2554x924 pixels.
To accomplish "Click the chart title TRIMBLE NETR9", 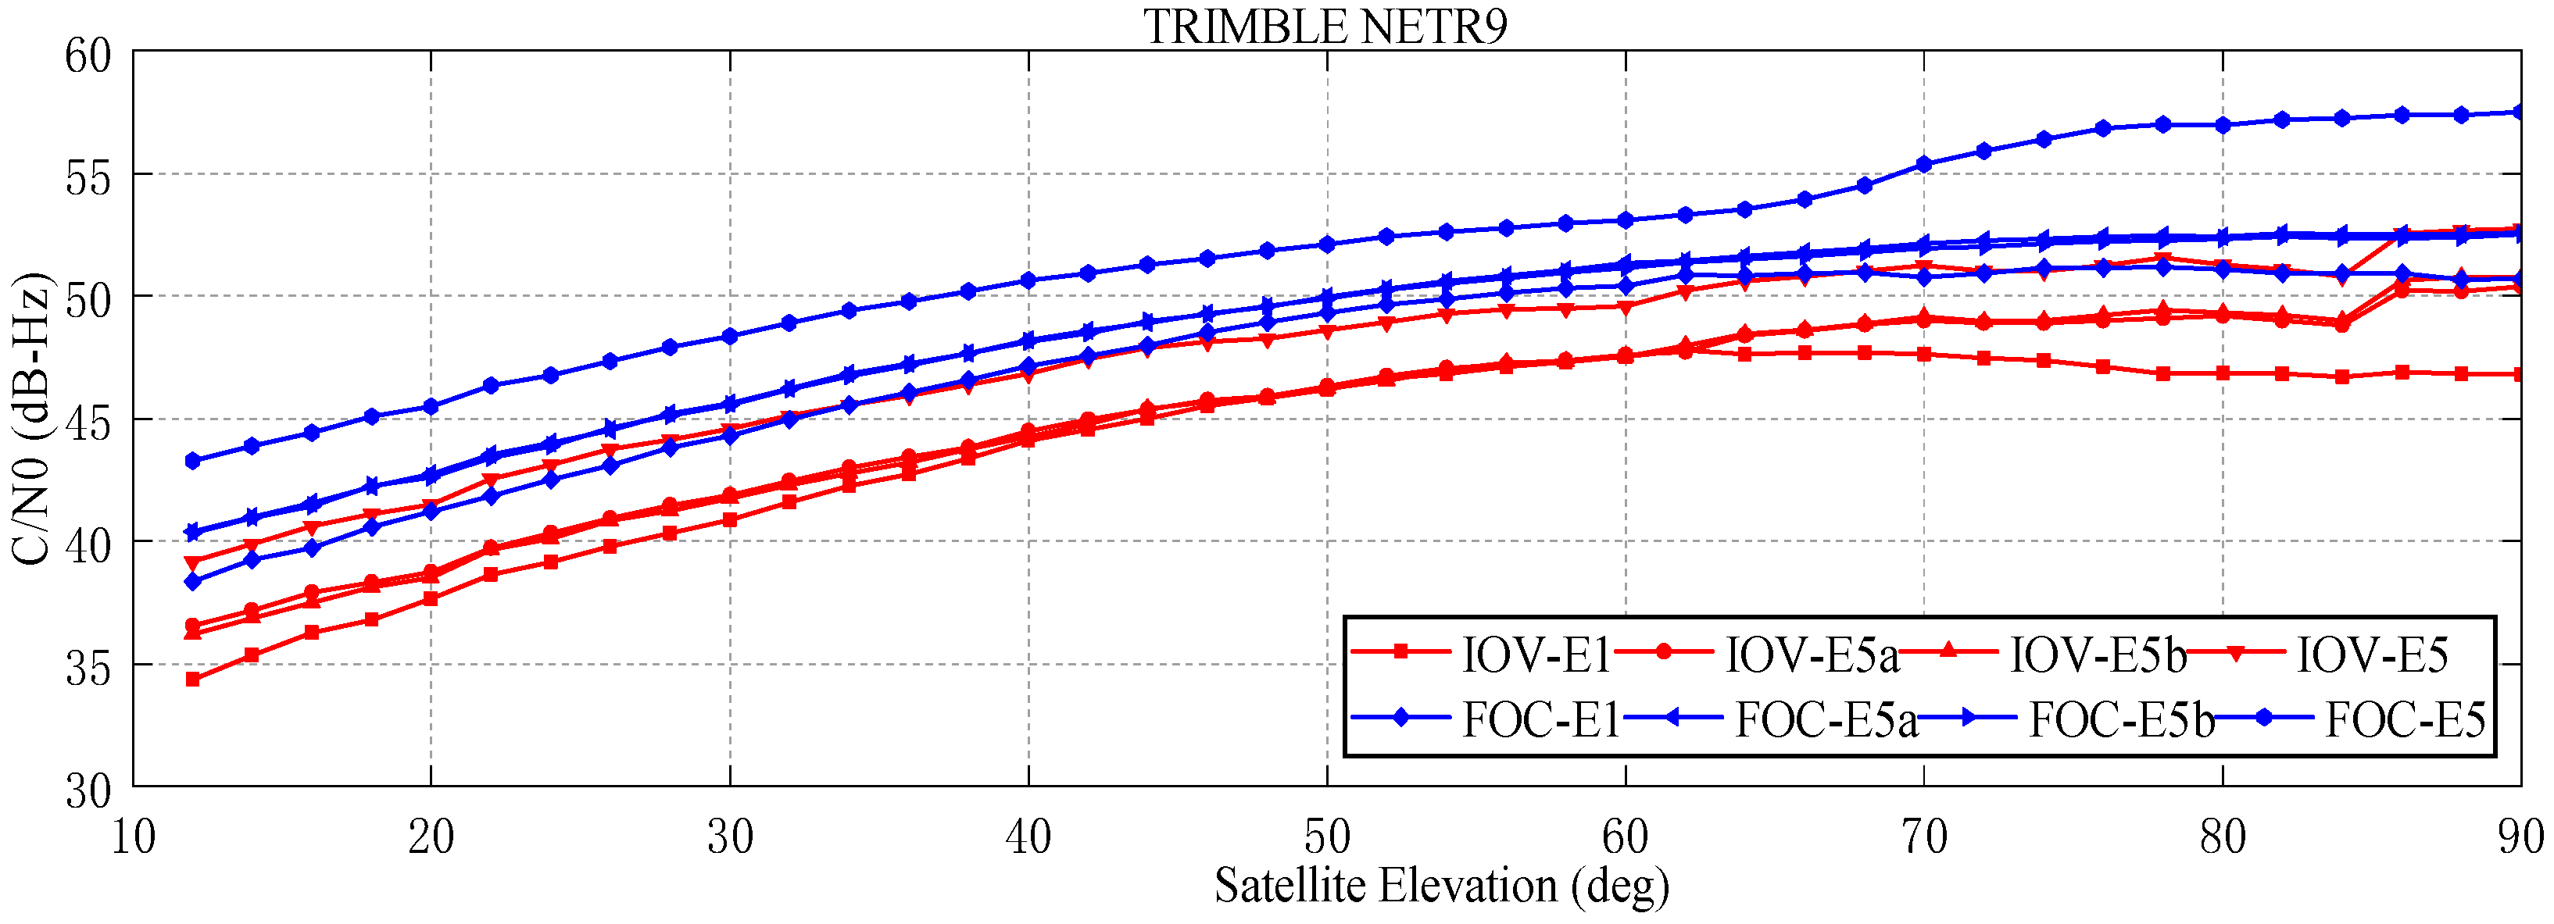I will pos(1325,26).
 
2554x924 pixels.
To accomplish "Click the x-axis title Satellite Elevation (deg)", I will pos(1442,885).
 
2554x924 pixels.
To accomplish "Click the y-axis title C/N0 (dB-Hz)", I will pos(30,417).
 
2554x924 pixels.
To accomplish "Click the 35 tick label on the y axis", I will pos(88,666).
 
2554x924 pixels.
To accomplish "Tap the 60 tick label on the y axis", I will pos(88,54).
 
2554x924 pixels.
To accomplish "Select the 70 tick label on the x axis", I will pos(1923,838).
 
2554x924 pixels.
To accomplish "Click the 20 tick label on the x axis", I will pos(431,838).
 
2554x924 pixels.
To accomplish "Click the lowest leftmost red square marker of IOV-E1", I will pos(192,679).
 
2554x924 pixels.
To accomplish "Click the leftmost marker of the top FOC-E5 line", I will pos(192,461).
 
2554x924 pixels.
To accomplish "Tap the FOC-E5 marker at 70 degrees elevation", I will pos(1923,165).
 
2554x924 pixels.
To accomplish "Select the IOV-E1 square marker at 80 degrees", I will pos(2223,373).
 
